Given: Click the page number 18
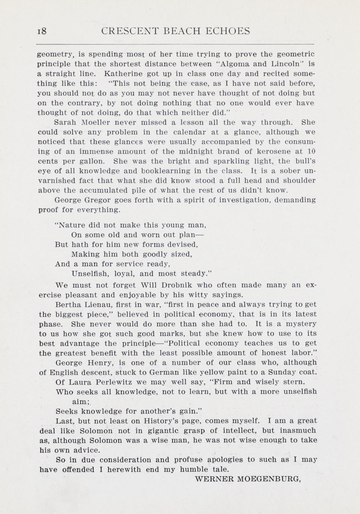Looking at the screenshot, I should coord(42,31).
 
